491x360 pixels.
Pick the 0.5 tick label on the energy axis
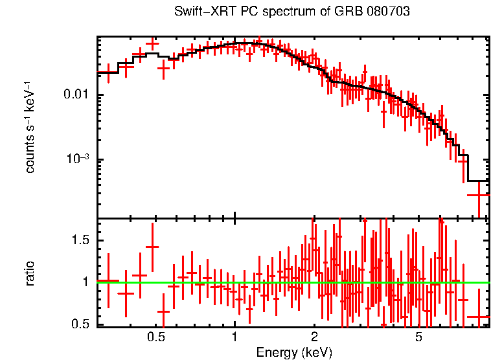pos(155,337)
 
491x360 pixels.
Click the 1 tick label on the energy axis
pos(234,337)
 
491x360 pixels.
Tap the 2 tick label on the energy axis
pos(314,337)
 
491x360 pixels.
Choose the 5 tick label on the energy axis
pos(419,337)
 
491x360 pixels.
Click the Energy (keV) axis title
pos(294,352)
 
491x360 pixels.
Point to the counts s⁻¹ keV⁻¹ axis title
pos(30,127)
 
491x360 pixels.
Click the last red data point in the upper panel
pos(478,194)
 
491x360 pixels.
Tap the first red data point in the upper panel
pos(108,72)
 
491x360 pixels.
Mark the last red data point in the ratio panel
pos(478,317)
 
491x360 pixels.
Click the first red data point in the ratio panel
pos(108,281)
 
